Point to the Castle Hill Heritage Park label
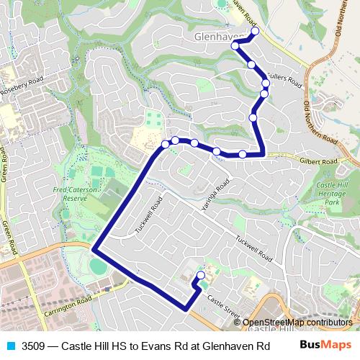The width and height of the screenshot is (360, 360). tap(337, 194)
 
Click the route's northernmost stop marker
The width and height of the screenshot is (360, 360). tap(255, 32)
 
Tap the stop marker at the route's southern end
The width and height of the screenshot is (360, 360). tap(201, 275)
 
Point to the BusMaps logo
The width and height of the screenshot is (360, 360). tap(325, 345)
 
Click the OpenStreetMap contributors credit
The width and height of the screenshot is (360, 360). tap(297, 323)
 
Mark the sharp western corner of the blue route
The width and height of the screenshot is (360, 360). tap(94, 249)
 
